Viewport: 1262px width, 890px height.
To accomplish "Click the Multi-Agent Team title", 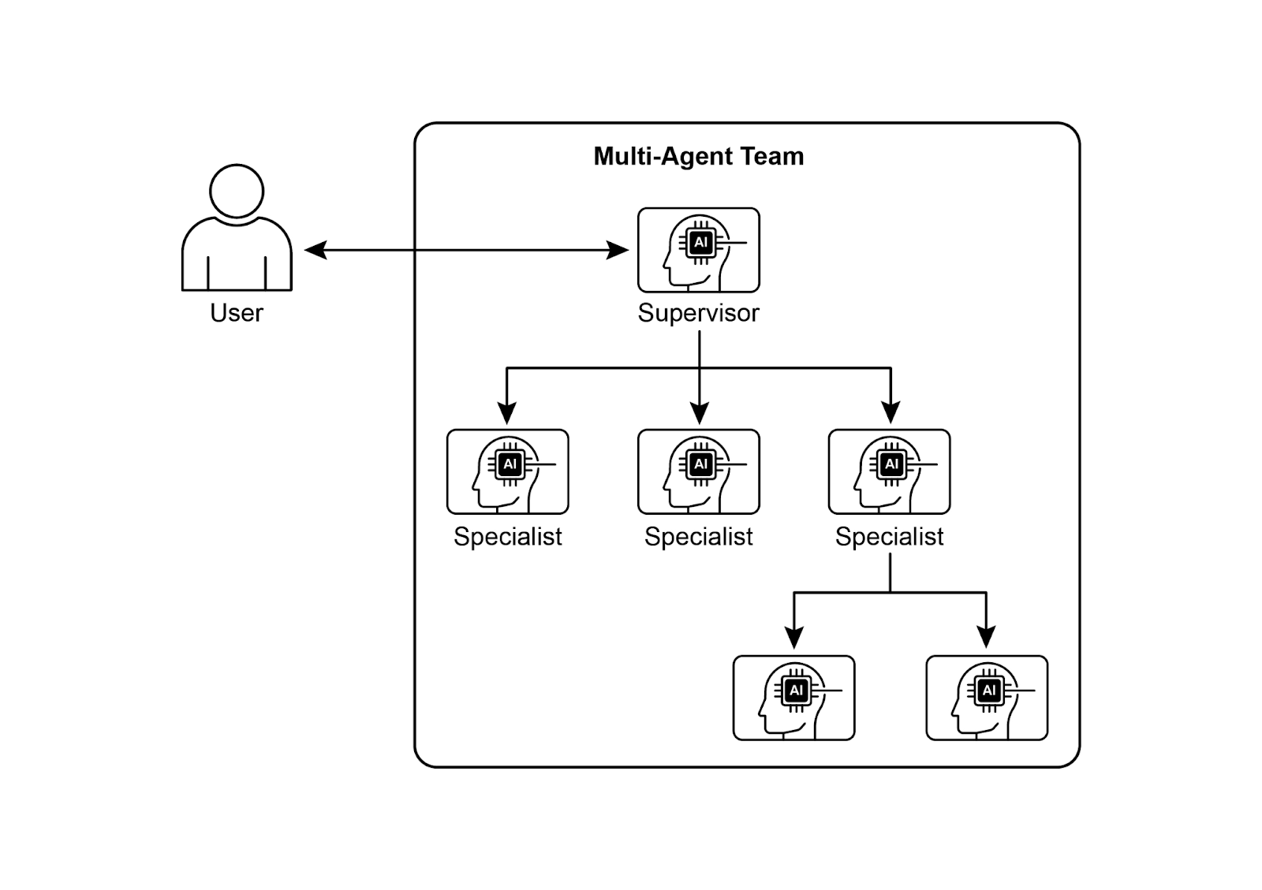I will [x=698, y=156].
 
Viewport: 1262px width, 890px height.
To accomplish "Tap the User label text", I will [x=236, y=313].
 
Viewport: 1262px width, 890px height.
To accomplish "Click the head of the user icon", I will [x=237, y=191].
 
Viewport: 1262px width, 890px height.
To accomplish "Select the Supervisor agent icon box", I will [x=698, y=250].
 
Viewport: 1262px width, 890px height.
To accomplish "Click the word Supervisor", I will [x=698, y=313].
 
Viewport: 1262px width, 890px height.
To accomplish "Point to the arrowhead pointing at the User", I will [x=315, y=251].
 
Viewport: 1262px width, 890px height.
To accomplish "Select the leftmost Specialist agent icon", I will [x=507, y=471].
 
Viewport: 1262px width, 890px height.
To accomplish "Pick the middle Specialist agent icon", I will [x=698, y=471].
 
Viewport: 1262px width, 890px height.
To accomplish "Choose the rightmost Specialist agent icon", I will [x=889, y=471].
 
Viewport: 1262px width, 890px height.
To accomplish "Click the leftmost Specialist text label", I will [x=507, y=537].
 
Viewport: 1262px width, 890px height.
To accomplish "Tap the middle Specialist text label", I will [x=698, y=537].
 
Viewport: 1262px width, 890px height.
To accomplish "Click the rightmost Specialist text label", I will [x=889, y=537].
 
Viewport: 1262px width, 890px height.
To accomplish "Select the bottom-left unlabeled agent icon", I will [x=793, y=698].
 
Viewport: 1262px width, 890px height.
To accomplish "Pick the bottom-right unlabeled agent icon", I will [x=986, y=698].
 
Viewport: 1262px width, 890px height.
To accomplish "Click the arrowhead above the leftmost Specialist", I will [x=507, y=413].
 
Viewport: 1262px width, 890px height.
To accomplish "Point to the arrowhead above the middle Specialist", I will [x=699, y=413].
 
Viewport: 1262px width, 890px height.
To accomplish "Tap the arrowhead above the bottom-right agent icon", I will [x=986, y=637].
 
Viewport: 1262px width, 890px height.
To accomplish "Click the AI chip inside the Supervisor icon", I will [x=700, y=242].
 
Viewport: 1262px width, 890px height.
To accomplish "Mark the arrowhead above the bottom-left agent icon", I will [x=794, y=637].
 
